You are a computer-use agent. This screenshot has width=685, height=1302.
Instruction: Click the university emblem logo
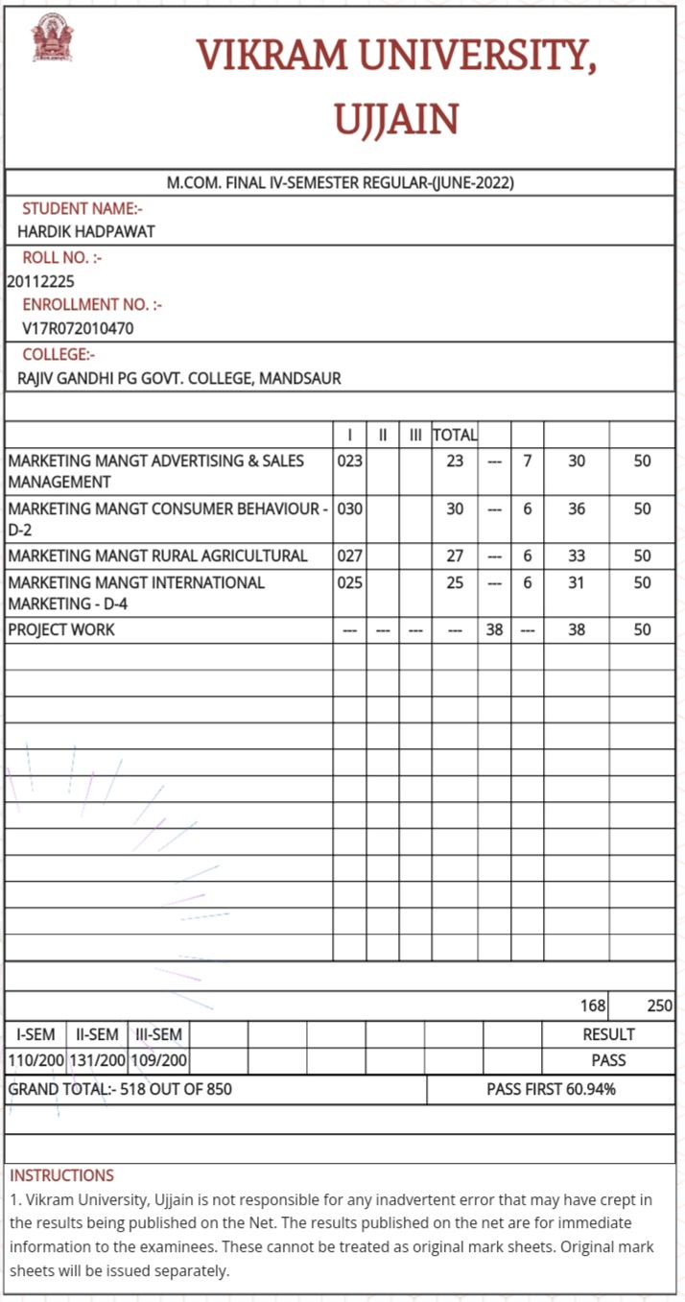[53, 38]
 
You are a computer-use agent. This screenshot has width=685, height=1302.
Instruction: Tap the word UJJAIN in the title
[395, 120]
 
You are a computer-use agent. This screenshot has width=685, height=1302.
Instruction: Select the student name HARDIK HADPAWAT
[86, 231]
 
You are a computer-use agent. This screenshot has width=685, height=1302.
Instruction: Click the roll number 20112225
[40, 281]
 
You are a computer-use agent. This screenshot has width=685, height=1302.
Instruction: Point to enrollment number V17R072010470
[79, 328]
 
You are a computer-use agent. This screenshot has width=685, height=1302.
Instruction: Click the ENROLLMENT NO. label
[92, 304]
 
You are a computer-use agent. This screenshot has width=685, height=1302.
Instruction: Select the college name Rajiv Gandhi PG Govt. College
[179, 378]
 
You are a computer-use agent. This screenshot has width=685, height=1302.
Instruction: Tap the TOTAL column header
[455, 435]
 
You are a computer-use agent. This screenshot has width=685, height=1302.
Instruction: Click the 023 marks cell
[350, 461]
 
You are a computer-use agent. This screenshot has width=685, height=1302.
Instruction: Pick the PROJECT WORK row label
[61, 629]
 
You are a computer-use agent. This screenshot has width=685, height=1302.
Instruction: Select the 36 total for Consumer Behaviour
[576, 509]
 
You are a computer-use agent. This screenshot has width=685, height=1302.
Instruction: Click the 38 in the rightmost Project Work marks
[576, 629]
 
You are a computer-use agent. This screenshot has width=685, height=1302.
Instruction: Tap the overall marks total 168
[593, 1006]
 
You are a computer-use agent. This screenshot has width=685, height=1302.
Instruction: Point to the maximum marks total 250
[659, 1006]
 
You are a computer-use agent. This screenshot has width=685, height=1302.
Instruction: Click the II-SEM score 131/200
[97, 1060]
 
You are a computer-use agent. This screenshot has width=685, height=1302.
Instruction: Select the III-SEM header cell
[158, 1034]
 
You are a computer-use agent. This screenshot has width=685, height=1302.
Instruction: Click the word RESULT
[608, 1034]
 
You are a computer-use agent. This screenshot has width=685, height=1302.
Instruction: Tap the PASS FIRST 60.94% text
[551, 1089]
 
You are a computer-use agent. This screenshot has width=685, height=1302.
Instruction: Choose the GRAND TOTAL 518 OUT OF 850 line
[120, 1089]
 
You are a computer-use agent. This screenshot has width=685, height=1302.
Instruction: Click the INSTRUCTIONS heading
[61, 1175]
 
